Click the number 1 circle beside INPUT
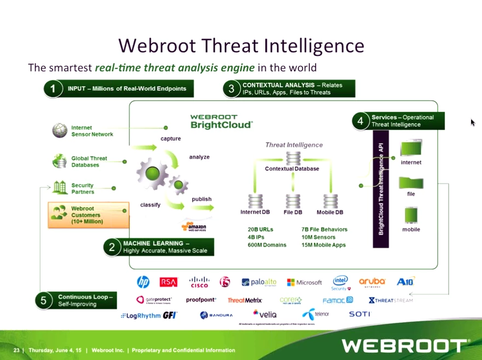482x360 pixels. coord(53,89)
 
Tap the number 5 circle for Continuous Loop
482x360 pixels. coord(44,300)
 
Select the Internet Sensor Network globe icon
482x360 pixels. coord(60,130)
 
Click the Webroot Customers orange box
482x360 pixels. coord(88,215)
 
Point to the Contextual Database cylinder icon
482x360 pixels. coord(293,158)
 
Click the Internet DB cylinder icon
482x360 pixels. coord(255,201)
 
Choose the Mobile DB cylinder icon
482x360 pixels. coord(330,201)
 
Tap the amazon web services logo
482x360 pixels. coord(194,226)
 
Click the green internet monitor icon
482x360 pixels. coord(411,149)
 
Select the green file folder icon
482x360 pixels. coord(411,182)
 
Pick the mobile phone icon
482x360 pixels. coord(411,215)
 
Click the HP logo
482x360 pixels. coord(143,282)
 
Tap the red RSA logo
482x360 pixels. coord(169,282)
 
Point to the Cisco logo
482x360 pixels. coord(199,282)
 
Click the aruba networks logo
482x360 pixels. coord(372,282)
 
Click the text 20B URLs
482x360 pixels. coord(260,230)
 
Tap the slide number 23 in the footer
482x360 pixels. coord(16,350)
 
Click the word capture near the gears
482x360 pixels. coord(170,139)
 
